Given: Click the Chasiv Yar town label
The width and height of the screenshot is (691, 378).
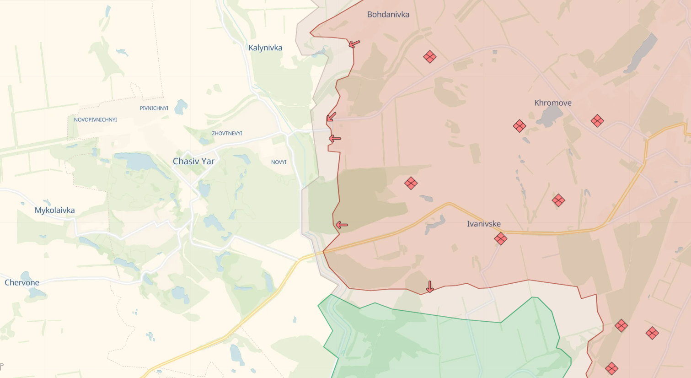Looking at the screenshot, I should tap(193, 162).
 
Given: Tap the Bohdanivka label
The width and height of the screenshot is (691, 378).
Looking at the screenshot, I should tap(388, 15).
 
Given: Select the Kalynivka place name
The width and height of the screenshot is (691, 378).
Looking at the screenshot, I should tap(265, 48).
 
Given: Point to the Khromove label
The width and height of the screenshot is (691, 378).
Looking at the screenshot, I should tap(552, 103).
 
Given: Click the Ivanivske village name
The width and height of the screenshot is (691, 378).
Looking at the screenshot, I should tap(483, 224).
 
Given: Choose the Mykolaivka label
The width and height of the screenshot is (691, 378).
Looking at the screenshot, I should tap(54, 211).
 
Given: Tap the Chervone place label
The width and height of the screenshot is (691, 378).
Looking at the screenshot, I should tap(22, 283).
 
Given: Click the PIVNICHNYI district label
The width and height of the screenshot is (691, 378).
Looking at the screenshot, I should tap(154, 108).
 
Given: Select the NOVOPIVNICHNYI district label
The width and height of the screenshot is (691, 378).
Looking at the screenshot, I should tap(96, 120).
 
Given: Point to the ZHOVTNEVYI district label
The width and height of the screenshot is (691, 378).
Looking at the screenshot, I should tap(227, 134).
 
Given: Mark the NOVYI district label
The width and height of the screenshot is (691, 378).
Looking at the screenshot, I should tap(279, 162).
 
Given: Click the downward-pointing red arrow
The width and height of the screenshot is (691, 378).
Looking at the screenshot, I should tap(429, 287).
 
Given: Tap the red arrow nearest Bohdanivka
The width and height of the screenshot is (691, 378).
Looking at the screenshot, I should tap(354, 44).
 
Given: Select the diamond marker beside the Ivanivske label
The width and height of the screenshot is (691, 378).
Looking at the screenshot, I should tap(501, 238).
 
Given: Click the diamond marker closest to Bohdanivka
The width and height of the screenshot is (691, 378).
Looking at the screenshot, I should tap(429, 57).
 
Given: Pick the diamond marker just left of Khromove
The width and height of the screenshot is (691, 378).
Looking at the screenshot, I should tap(520, 126).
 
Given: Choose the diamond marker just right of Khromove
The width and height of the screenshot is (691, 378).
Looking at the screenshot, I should tap(597, 121).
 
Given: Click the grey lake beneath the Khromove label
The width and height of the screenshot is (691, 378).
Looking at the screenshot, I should tap(549, 117).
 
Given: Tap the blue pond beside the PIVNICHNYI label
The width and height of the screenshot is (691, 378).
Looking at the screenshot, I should tap(180, 107).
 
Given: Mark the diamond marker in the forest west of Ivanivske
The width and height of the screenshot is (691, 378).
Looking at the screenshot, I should tap(411, 184).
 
